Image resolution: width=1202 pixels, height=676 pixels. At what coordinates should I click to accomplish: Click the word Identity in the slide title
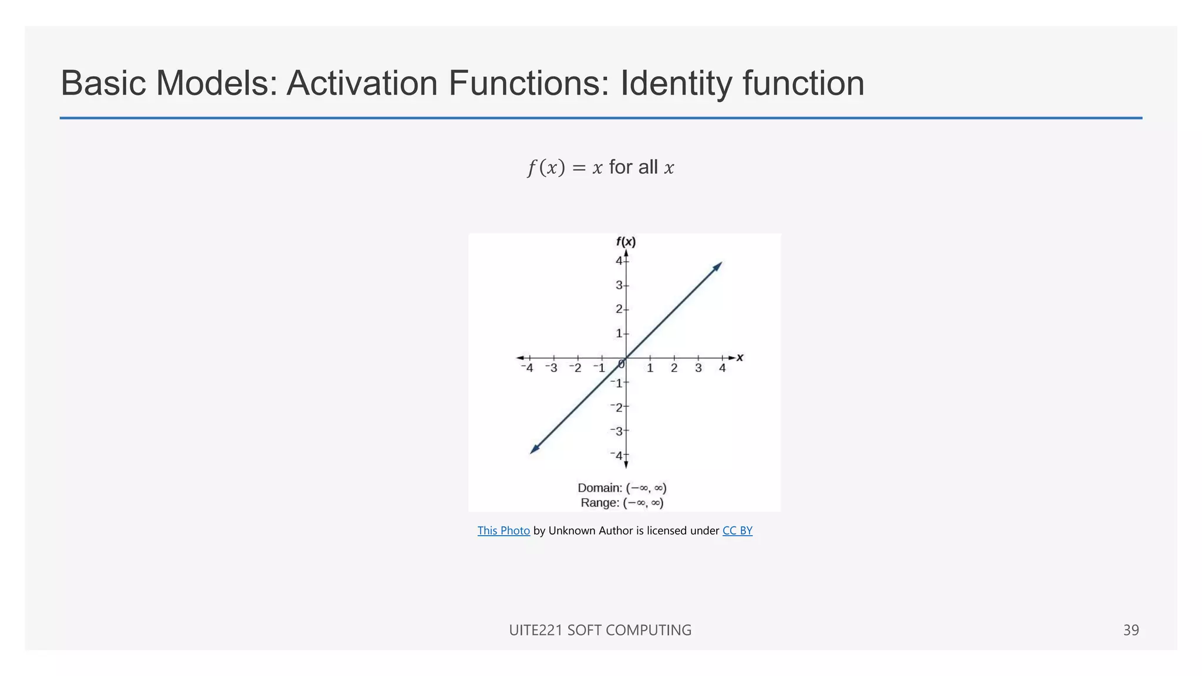tap(676, 83)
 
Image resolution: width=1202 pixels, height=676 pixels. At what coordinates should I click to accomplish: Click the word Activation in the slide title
tap(362, 83)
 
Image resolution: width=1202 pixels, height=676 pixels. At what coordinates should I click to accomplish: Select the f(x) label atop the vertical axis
tap(626, 242)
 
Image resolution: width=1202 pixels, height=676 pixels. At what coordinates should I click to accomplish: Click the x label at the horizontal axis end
tap(740, 357)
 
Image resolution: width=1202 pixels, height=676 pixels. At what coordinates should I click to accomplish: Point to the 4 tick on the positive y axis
tap(619, 261)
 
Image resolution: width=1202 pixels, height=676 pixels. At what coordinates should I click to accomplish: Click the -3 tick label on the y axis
tap(617, 431)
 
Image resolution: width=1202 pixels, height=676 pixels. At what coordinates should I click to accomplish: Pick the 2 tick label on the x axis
tap(674, 368)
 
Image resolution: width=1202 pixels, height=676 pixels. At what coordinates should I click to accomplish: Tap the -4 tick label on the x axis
tap(527, 368)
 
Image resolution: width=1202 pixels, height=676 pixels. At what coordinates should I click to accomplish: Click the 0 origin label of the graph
tap(621, 364)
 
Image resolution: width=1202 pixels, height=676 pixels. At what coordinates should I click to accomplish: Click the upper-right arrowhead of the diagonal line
tap(718, 266)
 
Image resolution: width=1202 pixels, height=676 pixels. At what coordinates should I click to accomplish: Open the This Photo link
tap(504, 530)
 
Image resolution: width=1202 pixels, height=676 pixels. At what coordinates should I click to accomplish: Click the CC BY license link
tap(737, 530)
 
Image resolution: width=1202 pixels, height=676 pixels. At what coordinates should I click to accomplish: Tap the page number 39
tap(1130, 630)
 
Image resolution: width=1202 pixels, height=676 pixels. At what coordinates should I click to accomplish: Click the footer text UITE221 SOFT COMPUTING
tap(600, 630)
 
